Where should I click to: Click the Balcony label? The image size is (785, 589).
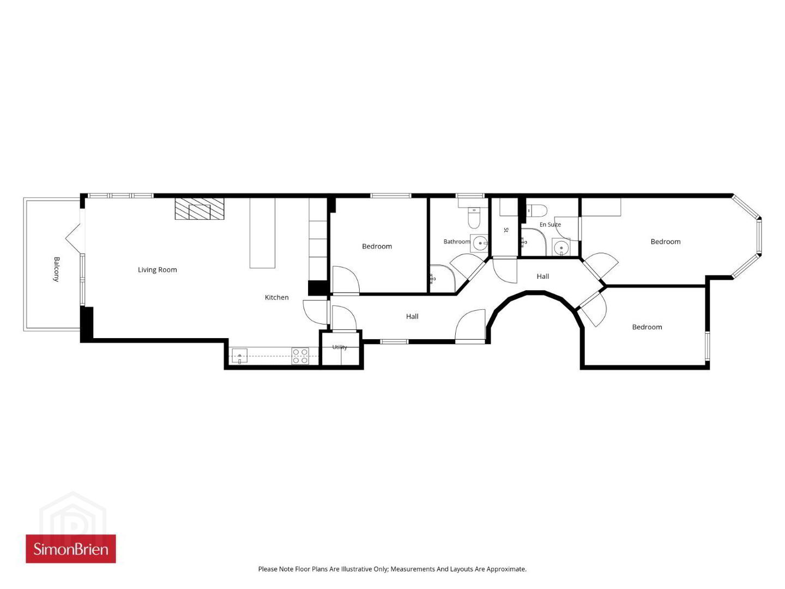coord(56,269)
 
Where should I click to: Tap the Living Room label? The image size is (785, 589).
coord(158,269)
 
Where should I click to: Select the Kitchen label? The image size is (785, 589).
coord(276,297)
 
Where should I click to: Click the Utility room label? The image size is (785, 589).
coord(340,347)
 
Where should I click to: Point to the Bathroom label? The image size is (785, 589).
coord(457,242)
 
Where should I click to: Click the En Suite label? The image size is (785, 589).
coord(550,225)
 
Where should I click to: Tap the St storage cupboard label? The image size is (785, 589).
coord(506,230)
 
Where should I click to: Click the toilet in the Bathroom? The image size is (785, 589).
coord(474,217)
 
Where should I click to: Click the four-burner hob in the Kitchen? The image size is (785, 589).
coord(300,356)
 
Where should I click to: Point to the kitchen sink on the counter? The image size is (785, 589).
coord(240,356)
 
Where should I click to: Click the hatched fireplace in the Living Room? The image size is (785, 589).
coord(199,208)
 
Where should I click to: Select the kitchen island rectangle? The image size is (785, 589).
coord(262,233)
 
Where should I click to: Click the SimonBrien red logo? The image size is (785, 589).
coord(71,549)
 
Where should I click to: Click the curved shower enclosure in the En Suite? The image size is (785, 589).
coord(534,242)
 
